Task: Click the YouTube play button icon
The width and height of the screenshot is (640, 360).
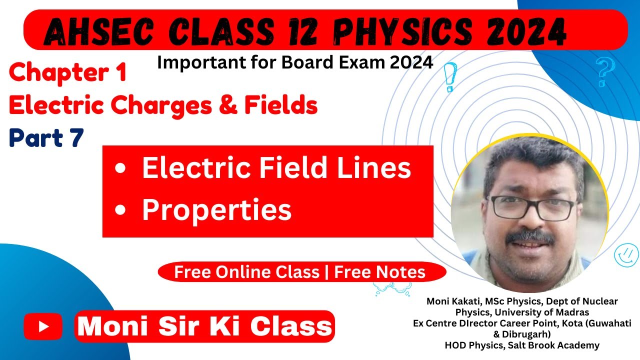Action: click(x=43, y=326)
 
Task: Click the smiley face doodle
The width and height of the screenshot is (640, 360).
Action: click(x=626, y=254)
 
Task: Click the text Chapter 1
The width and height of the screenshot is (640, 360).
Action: click(x=67, y=73)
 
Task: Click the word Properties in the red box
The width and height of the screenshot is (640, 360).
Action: click(x=216, y=210)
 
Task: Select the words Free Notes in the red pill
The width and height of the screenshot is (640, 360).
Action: click(x=380, y=272)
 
